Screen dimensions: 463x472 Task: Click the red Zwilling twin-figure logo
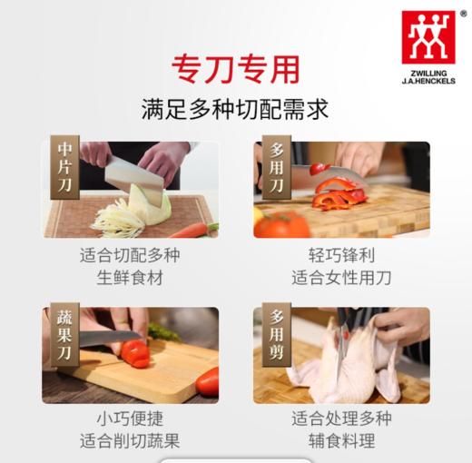[428, 37]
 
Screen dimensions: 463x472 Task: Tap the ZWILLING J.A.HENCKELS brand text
[428, 76]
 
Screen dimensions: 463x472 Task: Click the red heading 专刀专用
[235, 69]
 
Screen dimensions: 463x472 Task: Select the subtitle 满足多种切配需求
[235, 110]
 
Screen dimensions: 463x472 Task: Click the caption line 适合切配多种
[130, 255]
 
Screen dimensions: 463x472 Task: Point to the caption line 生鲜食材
[130, 278]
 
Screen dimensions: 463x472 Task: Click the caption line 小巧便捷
[130, 419]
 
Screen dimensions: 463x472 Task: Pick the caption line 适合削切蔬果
[130, 442]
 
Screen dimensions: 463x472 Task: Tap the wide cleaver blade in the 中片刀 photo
[132, 174]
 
